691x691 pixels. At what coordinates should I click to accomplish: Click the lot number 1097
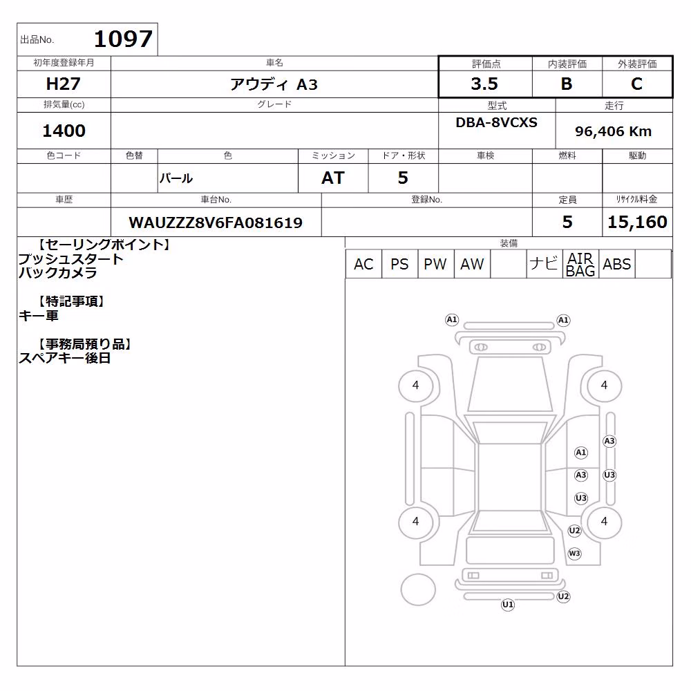[124, 39]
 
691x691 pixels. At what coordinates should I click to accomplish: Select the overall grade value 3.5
[484, 84]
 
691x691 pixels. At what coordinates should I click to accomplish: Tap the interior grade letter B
[567, 84]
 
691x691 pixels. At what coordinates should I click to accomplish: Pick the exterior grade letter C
[636, 84]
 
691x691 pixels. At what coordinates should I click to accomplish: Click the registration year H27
[64, 84]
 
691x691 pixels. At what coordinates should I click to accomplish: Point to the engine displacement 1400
[64, 131]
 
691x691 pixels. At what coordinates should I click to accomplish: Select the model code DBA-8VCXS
[496, 122]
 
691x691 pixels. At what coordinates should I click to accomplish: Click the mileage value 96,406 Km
[613, 131]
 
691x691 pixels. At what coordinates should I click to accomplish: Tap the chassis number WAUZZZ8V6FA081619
[216, 223]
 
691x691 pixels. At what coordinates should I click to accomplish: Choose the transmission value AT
[333, 178]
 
